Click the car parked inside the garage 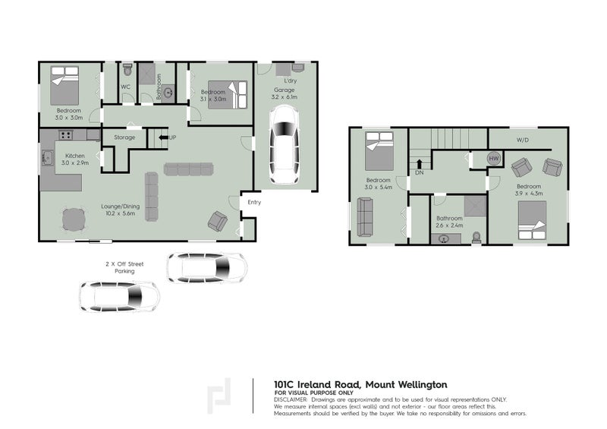284,145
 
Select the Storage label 124,137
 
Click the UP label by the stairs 172,137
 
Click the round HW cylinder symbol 494,158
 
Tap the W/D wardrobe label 523,140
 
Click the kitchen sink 46,158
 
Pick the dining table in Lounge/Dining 74,220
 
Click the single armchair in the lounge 218,221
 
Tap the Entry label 254,202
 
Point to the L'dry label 290,80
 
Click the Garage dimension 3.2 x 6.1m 285,97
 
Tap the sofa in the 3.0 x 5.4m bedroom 365,216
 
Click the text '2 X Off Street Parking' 124,267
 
